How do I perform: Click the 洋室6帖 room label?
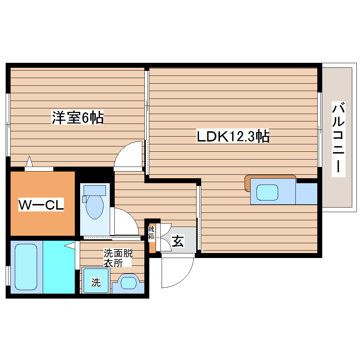coord(78,117)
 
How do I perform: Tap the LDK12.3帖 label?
coord(233,136)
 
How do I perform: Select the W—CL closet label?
coord(41,205)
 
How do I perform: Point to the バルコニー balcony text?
coord(338,138)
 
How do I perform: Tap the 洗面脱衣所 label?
coord(118,258)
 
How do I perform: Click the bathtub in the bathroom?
coord(26,266)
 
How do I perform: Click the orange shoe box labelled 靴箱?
coord(152,236)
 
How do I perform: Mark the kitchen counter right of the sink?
coord(306,193)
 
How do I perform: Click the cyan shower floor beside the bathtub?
coord(59,266)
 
